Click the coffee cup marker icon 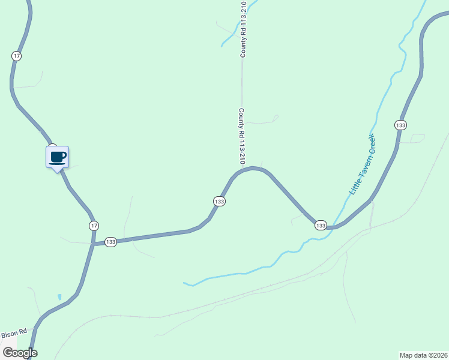click(58, 157)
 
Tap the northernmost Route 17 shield click(16, 56)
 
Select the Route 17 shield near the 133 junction click(94, 226)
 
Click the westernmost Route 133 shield click(110, 242)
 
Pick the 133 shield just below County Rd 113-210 click(219, 202)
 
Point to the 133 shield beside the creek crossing click(321, 226)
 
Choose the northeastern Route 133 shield click(401, 125)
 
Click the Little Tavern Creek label click(363, 164)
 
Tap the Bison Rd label click(14, 332)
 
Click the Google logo click(20, 353)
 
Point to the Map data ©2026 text click(423, 355)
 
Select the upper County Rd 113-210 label click(244, 29)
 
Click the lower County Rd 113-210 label click(242, 137)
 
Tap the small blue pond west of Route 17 click(59, 297)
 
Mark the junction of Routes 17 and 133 click(93, 244)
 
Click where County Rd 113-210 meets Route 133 click(243, 170)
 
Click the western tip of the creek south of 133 click(184, 283)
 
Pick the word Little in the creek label click(354, 187)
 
